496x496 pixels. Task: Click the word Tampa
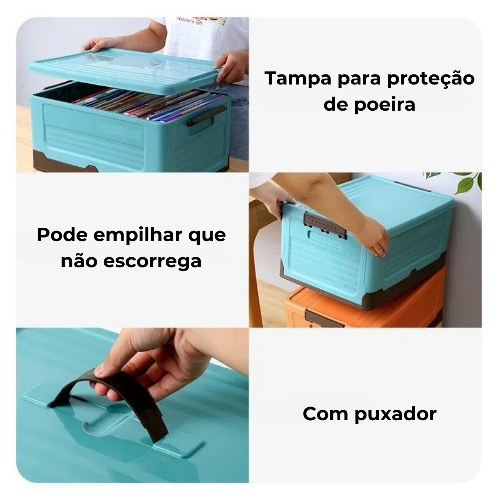click(299, 79)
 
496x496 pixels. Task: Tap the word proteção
click(431, 79)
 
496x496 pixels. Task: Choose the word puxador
click(395, 415)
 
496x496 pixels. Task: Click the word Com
click(326, 413)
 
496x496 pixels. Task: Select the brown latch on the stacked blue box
click(325, 225)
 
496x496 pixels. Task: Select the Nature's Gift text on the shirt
click(189, 21)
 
